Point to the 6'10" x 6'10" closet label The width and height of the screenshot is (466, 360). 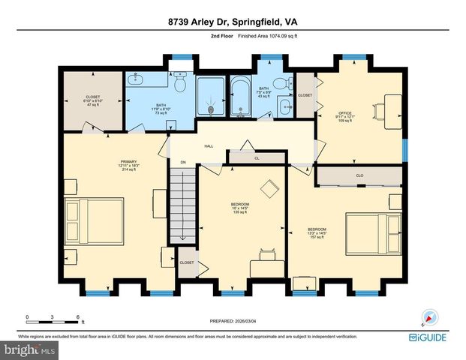93,100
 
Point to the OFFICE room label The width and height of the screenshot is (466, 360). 344,114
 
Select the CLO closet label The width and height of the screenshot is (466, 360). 359,177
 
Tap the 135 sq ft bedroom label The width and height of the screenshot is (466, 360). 241,208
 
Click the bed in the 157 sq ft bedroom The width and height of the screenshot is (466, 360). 371,231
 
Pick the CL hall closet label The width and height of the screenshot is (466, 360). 256,158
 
